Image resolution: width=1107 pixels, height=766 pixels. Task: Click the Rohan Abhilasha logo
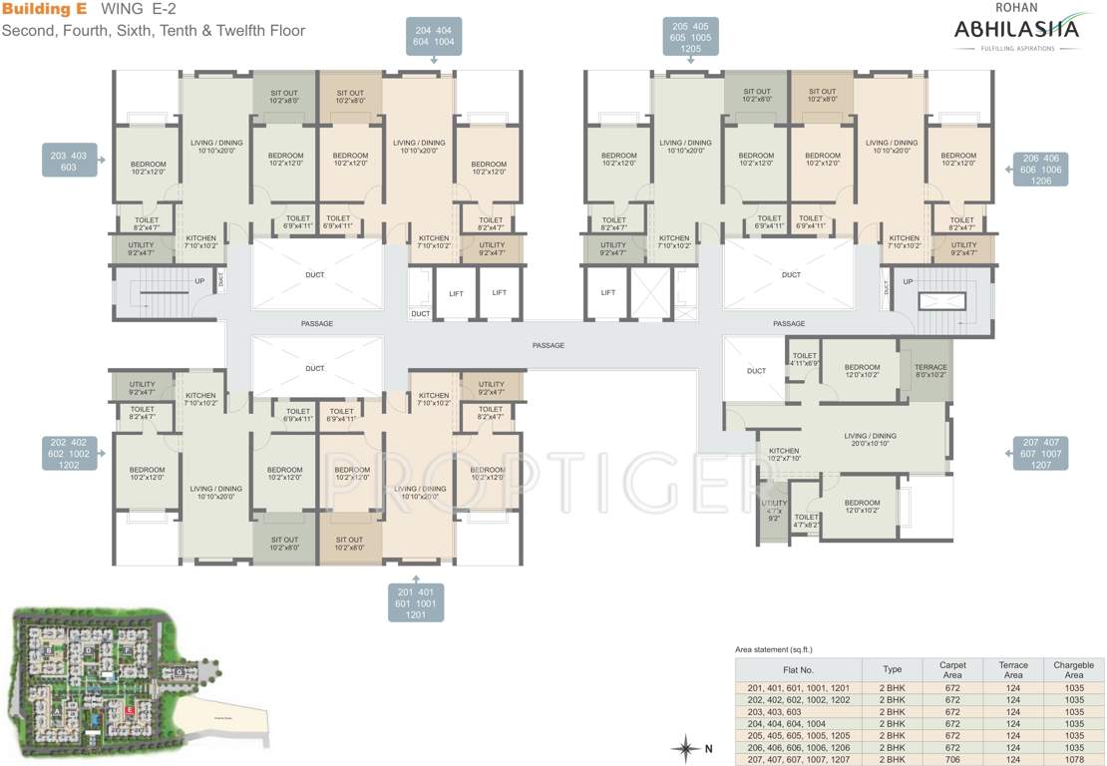1015,30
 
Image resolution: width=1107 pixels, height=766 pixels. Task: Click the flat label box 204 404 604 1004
436,38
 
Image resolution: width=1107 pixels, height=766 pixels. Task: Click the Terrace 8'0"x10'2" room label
929,372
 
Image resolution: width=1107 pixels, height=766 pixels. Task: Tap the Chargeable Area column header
1073,669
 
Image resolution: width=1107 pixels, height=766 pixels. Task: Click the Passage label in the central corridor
548,345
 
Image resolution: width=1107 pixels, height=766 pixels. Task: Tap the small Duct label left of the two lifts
420,314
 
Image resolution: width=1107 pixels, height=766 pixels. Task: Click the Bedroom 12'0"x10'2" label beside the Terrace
862,372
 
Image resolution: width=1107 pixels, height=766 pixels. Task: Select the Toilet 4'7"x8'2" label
806,520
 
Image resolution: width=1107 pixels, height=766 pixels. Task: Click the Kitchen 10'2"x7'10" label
783,456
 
